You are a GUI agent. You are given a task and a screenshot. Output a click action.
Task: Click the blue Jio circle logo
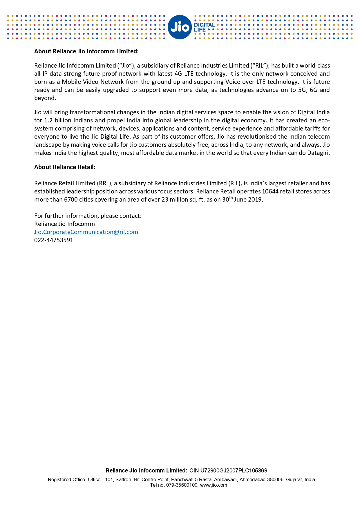180,27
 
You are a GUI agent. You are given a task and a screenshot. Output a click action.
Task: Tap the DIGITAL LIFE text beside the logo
204,27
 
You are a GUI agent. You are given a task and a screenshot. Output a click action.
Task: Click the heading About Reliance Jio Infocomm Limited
86,51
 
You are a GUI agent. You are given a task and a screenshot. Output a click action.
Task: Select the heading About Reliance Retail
65,167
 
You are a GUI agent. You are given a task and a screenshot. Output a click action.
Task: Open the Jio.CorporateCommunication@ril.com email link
86,232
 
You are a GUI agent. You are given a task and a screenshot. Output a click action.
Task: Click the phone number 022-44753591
54,240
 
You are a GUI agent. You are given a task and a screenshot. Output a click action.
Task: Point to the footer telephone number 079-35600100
182,485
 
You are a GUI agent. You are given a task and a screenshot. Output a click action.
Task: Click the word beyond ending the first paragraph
45,98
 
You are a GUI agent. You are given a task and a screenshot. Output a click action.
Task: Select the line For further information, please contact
88,216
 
